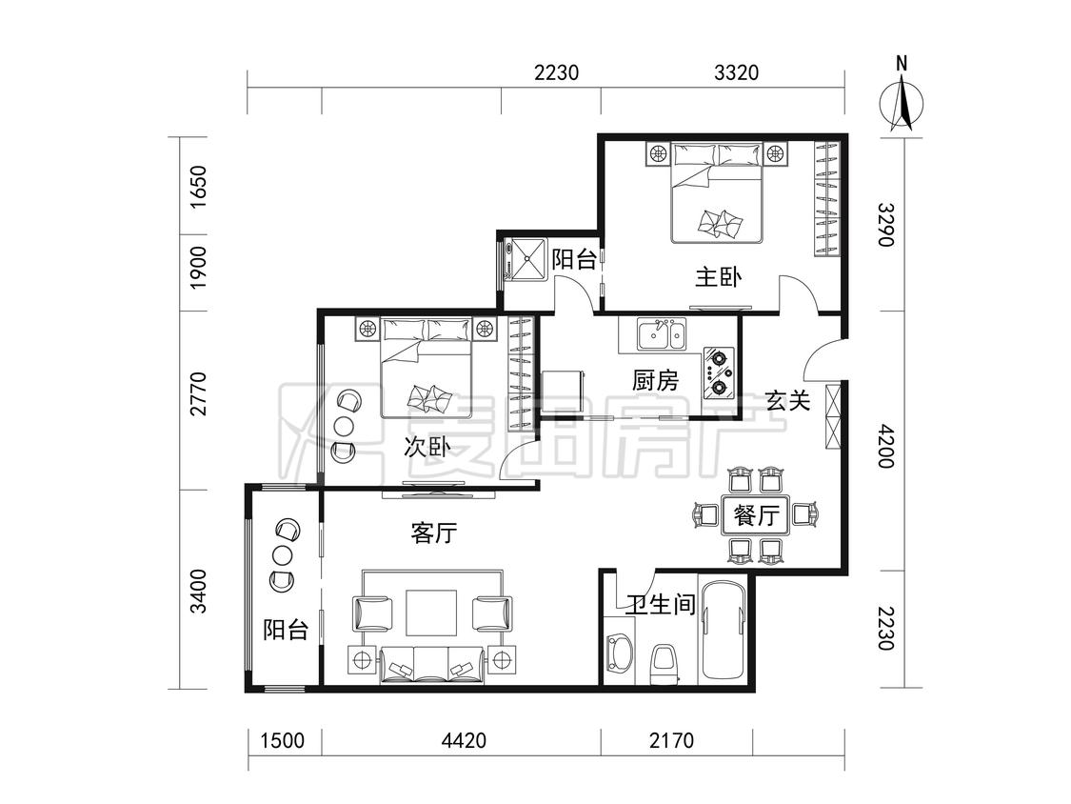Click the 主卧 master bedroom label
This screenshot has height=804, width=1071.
click(x=718, y=277)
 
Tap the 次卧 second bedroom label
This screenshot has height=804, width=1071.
click(x=426, y=447)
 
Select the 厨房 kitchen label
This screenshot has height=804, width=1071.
click(x=655, y=380)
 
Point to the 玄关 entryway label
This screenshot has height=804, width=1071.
click(x=787, y=401)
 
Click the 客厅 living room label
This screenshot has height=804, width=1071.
click(x=434, y=533)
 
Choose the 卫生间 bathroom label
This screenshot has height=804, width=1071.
click(x=662, y=604)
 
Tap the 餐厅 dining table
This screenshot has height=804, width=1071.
click(x=756, y=514)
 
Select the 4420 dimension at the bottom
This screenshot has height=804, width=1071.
click(x=464, y=740)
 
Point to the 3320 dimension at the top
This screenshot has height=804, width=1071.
click(x=736, y=71)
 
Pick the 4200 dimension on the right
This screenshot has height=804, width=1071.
click(x=886, y=446)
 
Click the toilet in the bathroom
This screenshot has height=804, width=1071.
click(x=664, y=662)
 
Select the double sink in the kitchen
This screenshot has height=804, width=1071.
click(x=662, y=334)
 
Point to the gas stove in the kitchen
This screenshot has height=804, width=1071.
click(x=720, y=373)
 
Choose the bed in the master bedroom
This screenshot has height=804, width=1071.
click(x=717, y=192)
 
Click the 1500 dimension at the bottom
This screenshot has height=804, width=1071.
click(x=283, y=740)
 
